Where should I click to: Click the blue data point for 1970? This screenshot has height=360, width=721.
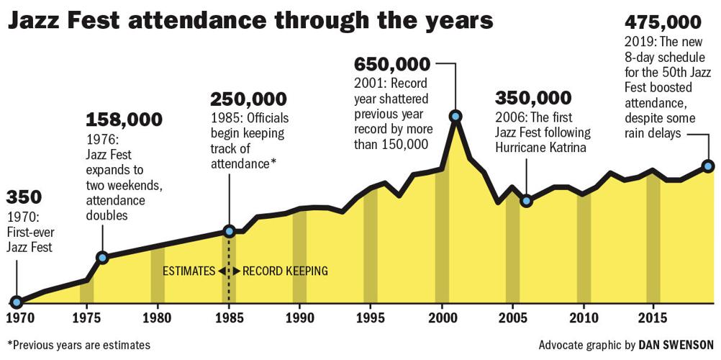coord(16,302)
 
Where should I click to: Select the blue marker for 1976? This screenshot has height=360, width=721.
coord(102,257)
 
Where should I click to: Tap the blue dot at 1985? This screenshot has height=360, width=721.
coord(229,231)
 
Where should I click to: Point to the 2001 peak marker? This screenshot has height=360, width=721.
coord(455,115)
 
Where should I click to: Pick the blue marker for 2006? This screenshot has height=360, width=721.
coord(526,200)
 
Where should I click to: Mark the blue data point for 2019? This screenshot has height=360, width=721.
coord(708,166)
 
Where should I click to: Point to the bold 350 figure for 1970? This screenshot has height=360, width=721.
coord(24,197)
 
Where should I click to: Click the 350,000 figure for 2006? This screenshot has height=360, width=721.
coord(534,98)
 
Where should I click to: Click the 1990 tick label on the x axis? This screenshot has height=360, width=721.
coord(299,318)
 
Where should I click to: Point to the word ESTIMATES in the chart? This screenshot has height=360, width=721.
coord(189,271)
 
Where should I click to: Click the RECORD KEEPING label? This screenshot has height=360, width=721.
coord(285,271)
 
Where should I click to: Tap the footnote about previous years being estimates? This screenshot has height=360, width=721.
coord(78,345)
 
